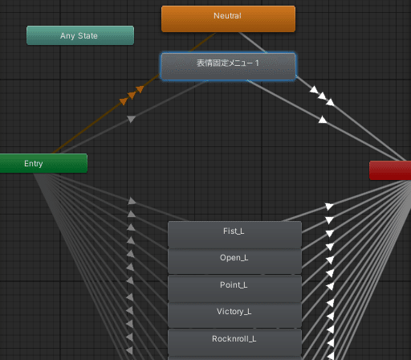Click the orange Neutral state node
228,18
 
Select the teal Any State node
80,35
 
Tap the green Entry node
43,163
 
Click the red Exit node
390,170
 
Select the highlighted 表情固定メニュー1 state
228,67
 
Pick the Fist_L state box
234,235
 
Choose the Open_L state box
234,261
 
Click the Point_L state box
234,288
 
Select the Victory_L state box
234,315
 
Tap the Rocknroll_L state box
234,342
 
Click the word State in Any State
87,35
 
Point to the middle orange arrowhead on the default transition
132,95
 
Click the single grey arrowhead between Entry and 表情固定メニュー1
131,119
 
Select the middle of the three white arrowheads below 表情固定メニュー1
322,96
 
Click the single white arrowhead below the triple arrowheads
323,120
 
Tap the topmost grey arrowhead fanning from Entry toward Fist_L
132,201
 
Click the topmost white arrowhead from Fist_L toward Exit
329,207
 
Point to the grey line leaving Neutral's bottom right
252,43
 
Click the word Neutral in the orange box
227,15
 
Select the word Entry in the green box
34,163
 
